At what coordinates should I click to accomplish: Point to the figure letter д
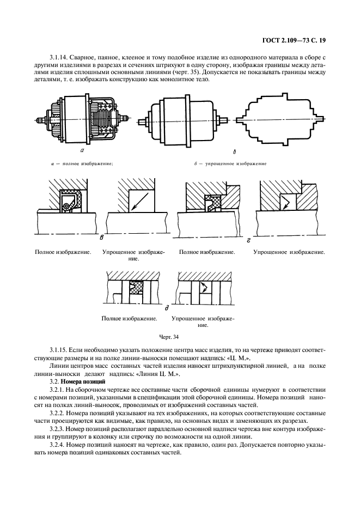[x=174, y=307]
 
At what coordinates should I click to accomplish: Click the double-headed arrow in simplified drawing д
[x=205, y=287]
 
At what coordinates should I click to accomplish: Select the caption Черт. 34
[x=168, y=338]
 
